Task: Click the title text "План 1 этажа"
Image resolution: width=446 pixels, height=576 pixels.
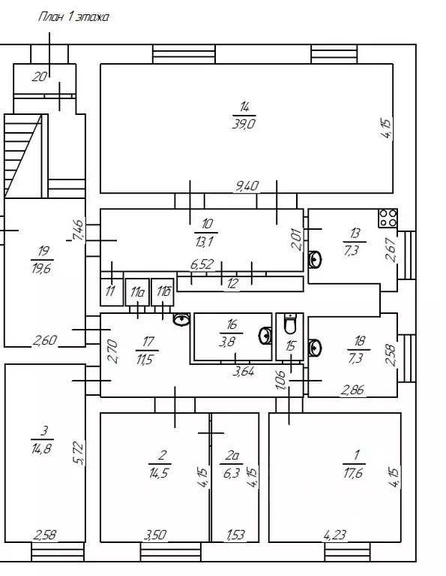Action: click(x=73, y=17)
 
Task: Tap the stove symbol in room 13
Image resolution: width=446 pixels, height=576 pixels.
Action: click(x=388, y=219)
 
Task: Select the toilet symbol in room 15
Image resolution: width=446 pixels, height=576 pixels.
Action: click(x=290, y=324)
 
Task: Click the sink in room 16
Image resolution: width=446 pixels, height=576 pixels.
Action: click(x=265, y=336)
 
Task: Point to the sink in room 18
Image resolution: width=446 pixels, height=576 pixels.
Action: click(x=314, y=347)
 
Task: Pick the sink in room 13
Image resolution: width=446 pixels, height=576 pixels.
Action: click(x=314, y=259)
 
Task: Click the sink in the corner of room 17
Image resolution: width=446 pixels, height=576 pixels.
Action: click(x=181, y=320)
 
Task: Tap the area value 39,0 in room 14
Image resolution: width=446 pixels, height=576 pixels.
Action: click(x=244, y=124)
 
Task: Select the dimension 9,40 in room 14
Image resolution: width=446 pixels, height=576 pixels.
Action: click(x=247, y=186)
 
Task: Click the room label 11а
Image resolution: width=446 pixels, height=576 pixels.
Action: click(x=137, y=292)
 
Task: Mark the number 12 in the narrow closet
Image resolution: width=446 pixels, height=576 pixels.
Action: click(x=232, y=284)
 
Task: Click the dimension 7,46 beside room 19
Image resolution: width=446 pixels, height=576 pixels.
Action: click(x=79, y=230)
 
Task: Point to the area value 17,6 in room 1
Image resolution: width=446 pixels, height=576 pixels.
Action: click(x=353, y=473)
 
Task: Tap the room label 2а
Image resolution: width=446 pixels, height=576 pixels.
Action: click(x=232, y=456)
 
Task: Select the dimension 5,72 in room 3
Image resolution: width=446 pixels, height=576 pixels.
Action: click(x=79, y=454)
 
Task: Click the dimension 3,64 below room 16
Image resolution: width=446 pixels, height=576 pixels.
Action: click(x=244, y=372)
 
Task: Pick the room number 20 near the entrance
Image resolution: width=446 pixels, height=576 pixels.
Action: click(x=40, y=77)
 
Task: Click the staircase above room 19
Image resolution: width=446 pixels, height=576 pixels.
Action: click(x=25, y=155)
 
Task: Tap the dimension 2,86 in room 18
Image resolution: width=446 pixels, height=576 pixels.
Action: click(x=352, y=390)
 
